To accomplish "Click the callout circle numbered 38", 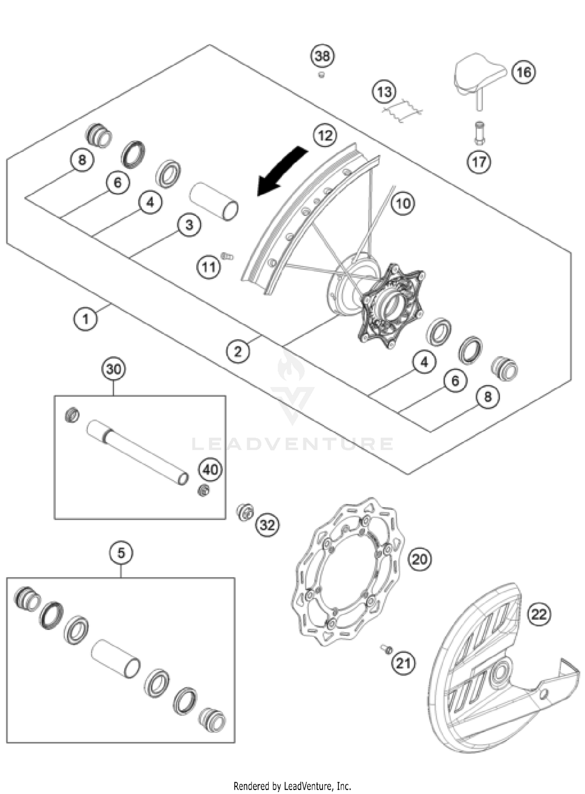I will (x=323, y=56).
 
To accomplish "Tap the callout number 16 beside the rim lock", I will (x=523, y=72).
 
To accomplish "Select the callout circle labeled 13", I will (x=384, y=92).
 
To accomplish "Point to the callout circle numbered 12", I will (x=325, y=136).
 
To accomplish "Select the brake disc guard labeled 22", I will (x=491, y=670).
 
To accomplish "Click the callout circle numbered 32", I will (x=267, y=526).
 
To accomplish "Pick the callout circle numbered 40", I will (x=211, y=469).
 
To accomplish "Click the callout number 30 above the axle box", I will (x=113, y=369).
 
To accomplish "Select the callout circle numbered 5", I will (x=121, y=552).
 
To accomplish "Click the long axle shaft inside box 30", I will (x=136, y=452).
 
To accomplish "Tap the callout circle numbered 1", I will (x=85, y=319).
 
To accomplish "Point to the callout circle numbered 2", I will (x=238, y=351).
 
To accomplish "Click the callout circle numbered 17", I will (x=479, y=161).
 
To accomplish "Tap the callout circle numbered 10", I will (x=403, y=203).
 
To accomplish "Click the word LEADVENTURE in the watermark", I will (x=292, y=444).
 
